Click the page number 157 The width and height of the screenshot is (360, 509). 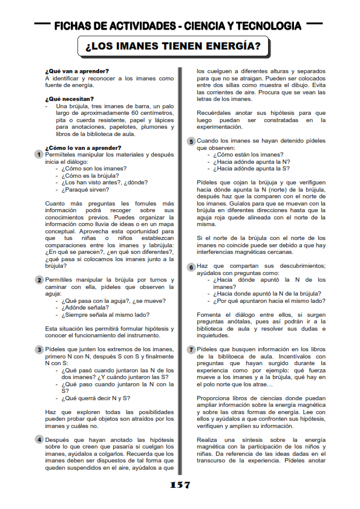tap(180, 485)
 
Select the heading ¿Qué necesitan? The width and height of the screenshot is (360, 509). tap(70, 99)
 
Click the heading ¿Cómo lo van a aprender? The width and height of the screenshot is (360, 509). tap(79, 148)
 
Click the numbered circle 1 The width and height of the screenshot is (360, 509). tap(39, 155)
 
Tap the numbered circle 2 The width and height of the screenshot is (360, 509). tap(39, 280)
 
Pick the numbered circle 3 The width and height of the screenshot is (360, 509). tap(39, 349)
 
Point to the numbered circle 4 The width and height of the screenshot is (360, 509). tap(39, 439)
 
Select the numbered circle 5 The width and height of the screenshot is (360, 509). tap(191, 141)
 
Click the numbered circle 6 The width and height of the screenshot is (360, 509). tap(191, 267)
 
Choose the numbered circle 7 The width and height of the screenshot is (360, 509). tap(191, 349)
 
